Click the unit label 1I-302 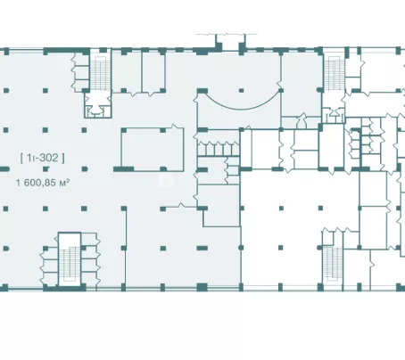43,158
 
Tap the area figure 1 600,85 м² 43,182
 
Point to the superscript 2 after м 69,180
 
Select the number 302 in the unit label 48,158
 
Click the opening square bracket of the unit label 22,158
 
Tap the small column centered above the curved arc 241,90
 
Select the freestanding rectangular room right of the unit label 153,150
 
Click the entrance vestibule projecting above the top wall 230,43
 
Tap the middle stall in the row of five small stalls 219,149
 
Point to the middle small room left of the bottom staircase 51,266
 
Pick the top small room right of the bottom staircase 89,240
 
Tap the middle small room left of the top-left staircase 81,73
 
